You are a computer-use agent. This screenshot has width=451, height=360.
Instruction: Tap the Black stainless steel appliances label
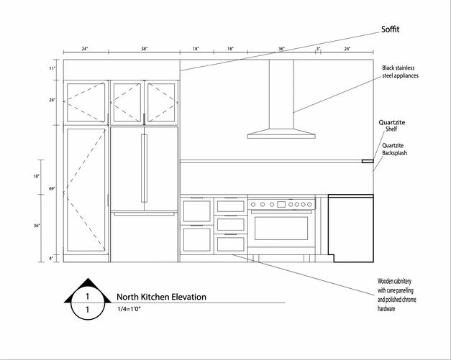(400, 72)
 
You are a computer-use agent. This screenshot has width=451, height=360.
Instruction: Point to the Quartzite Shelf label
(391, 126)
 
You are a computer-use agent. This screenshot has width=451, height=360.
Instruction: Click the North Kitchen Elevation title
(161, 297)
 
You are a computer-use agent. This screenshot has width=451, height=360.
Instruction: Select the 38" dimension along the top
(145, 49)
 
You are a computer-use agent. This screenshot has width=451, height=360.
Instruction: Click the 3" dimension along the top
(318, 49)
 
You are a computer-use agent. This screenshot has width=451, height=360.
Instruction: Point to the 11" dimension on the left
(52, 68)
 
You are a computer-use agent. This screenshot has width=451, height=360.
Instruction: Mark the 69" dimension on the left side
(52, 188)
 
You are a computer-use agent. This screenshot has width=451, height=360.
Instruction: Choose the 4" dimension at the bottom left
(52, 257)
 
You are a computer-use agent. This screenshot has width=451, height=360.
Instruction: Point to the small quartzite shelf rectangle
(368, 162)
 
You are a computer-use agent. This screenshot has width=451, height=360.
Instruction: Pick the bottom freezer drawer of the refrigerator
(144, 237)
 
